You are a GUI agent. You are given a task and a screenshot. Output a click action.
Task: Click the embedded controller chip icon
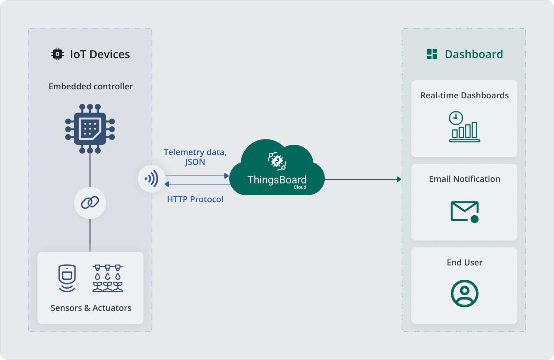90,129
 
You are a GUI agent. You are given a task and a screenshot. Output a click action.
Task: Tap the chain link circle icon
90,203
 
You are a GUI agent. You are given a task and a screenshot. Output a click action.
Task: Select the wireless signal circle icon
152,179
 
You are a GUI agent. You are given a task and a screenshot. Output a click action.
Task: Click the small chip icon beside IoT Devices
57,54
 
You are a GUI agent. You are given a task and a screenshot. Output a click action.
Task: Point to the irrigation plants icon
108,278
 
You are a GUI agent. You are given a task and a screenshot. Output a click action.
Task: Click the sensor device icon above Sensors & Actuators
67,278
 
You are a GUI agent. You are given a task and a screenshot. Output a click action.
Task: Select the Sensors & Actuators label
91,308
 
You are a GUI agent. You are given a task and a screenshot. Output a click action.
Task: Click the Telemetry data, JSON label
195,157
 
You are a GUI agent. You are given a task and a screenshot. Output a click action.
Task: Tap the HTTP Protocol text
195,199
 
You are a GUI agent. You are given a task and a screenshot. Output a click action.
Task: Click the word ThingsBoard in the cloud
277,180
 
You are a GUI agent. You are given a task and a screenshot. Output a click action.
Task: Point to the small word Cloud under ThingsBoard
300,187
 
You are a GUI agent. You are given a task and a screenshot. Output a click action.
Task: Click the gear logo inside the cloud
277,161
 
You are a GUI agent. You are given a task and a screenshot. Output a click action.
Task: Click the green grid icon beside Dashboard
432,54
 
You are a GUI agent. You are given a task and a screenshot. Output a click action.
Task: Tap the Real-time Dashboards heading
464,96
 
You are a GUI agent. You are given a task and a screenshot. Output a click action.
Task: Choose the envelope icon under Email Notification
464,211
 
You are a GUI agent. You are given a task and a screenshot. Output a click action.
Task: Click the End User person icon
464,294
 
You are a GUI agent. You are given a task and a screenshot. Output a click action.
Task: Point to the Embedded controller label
90,87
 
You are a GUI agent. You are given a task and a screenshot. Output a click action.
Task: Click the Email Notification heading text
464,179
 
